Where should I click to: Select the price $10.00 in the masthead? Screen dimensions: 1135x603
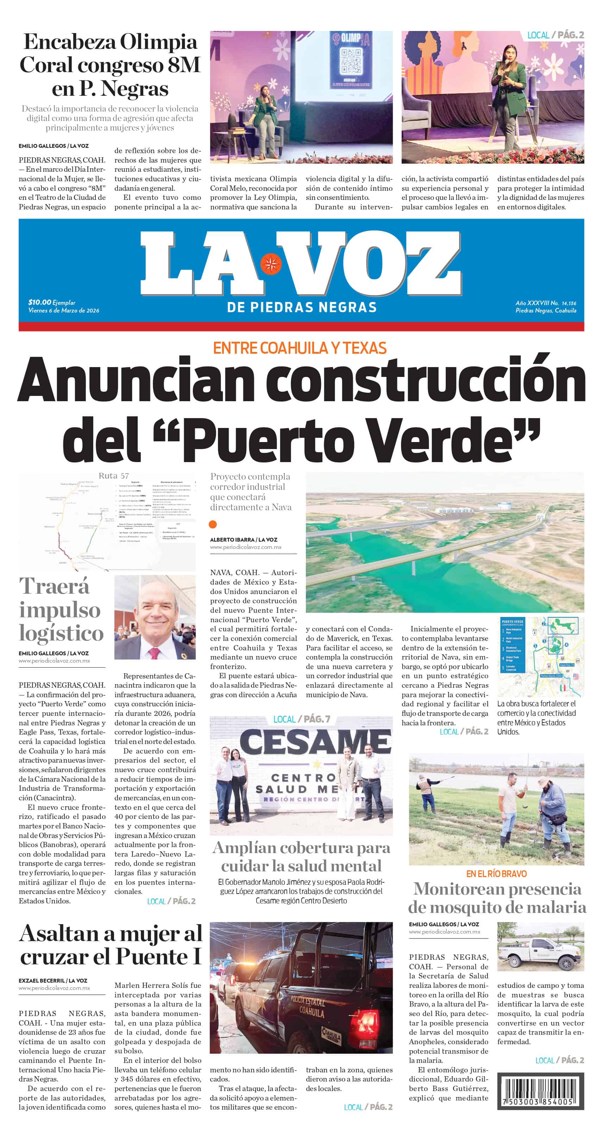pos(40,302)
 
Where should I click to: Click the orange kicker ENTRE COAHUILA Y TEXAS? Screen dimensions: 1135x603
pos(300,348)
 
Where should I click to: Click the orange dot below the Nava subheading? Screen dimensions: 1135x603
pos(213,524)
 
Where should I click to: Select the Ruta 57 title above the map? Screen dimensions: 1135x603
pos(114,476)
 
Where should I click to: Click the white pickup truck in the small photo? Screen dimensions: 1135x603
pos(540,953)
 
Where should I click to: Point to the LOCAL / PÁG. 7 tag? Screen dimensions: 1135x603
pos(301,719)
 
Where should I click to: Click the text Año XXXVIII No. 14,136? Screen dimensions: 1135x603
pos(546,303)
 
